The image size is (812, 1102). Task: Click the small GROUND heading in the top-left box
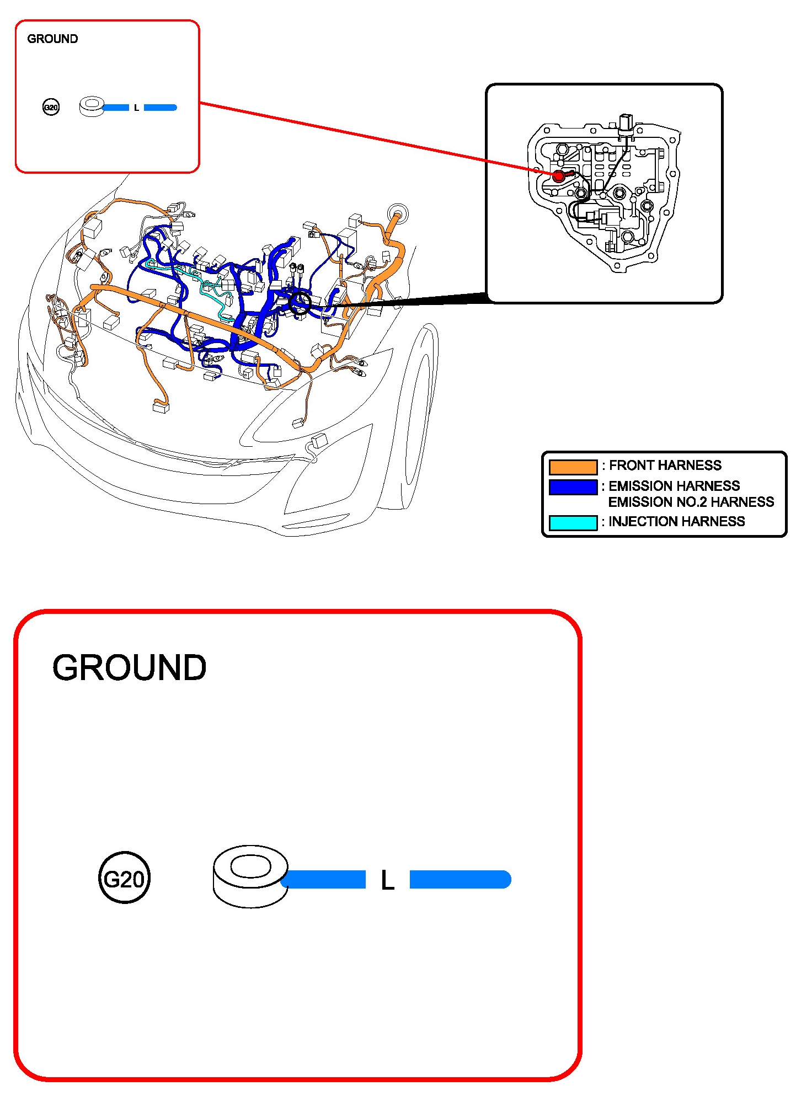[52, 39]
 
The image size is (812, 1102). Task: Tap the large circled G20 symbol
[124, 879]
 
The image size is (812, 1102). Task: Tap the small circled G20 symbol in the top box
[51, 107]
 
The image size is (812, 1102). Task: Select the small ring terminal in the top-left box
[92, 106]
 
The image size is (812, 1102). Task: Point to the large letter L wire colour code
[387, 880]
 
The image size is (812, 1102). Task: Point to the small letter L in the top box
[136, 108]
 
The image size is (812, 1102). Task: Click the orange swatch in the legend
[573, 467]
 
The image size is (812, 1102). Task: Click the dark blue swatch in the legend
[573, 487]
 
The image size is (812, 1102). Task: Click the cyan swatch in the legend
[573, 522]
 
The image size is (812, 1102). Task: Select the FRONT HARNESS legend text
[665, 466]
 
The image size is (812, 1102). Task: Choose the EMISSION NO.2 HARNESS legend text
[691, 502]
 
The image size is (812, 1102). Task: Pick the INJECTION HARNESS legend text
[676, 521]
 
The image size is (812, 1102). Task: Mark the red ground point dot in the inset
[559, 176]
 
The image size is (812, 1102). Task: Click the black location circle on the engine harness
[300, 303]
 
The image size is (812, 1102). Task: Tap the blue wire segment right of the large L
[460, 879]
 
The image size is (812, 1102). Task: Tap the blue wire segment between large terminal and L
[325, 879]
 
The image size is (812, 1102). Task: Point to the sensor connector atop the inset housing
[626, 124]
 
